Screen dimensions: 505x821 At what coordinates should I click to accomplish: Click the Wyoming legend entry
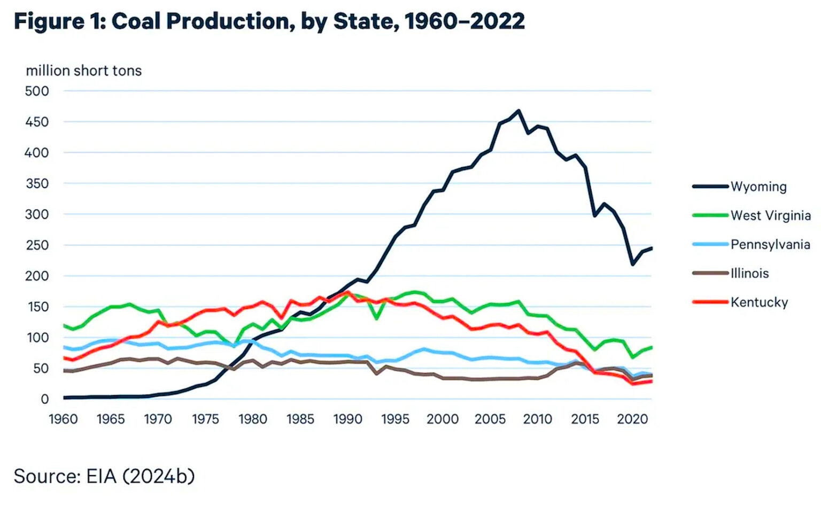[x=758, y=187]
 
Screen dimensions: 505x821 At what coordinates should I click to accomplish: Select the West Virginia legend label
[x=770, y=215]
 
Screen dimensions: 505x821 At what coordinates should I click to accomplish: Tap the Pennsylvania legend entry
[x=770, y=244]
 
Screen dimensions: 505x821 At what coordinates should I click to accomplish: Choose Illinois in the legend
[x=749, y=273]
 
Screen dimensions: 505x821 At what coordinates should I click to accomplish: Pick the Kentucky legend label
[x=759, y=302]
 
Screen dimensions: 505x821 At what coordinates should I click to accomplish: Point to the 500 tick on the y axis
[x=37, y=91]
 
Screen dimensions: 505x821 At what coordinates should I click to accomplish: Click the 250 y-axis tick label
[x=37, y=245]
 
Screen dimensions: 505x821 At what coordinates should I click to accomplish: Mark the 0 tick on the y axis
[x=45, y=399]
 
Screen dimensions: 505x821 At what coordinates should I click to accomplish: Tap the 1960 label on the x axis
[x=63, y=419]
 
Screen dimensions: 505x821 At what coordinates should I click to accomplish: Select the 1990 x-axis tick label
[x=348, y=419]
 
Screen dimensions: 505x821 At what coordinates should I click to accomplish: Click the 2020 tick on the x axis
[x=632, y=419]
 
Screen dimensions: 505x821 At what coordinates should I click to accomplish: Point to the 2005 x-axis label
[x=490, y=419]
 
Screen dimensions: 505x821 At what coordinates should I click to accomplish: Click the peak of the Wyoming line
[x=518, y=111]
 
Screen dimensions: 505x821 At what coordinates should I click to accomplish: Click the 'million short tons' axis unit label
[x=84, y=71]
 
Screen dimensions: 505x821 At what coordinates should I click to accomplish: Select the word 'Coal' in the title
[x=136, y=21]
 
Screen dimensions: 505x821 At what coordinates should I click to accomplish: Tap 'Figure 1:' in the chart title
[x=60, y=21]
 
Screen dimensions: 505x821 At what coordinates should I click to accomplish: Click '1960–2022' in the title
[x=464, y=21]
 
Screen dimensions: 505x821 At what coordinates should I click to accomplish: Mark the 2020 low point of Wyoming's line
[x=633, y=264]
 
